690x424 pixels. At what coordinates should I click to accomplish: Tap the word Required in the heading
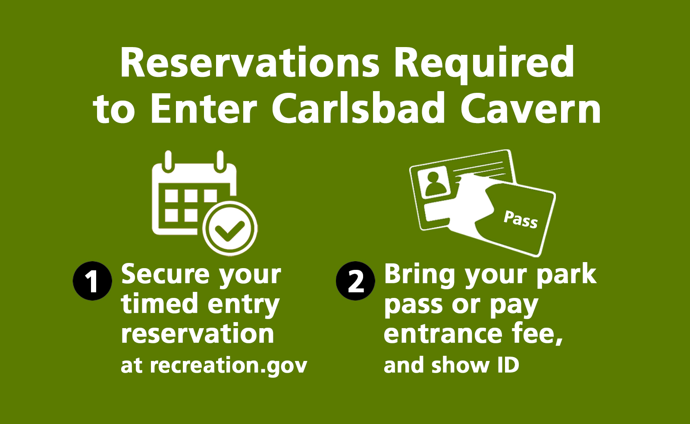483,63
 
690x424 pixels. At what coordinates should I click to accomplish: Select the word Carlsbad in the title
358,109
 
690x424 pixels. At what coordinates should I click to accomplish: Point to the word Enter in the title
204,109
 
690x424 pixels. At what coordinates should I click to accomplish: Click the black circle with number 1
92,281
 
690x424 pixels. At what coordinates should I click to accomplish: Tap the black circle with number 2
355,281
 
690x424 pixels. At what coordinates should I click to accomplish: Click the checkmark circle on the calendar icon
230,228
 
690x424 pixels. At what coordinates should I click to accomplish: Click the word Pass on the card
521,219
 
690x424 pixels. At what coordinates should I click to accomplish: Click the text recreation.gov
229,365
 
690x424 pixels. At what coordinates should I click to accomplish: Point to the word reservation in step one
198,334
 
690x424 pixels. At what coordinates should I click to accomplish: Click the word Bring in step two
419,275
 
